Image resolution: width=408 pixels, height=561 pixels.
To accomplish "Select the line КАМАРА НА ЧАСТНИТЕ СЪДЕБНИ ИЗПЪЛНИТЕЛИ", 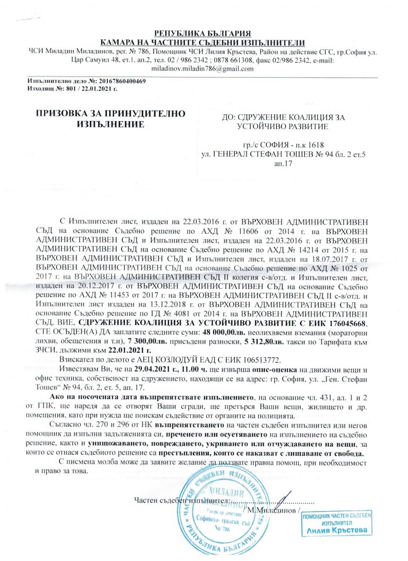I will click(x=202, y=42).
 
